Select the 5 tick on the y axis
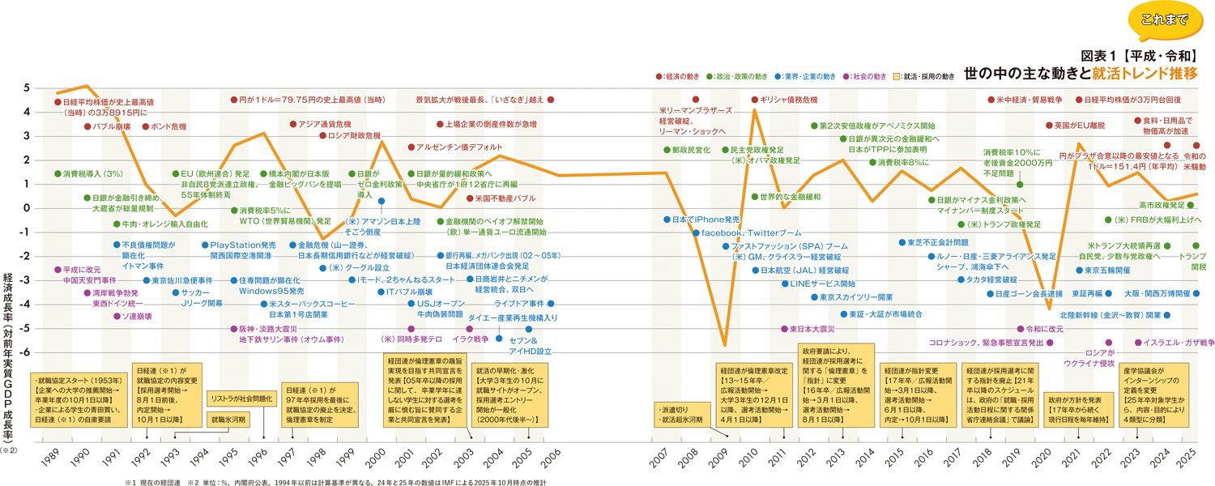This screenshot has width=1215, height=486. pyautogui.click(x=27, y=88)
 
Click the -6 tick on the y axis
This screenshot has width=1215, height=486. pyautogui.click(x=26, y=353)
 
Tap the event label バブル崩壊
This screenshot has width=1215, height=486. pyautogui.click(x=110, y=127)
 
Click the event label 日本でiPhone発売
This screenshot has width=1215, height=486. pyautogui.click(x=702, y=220)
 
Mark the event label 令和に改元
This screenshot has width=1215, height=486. pyautogui.click(x=1045, y=330)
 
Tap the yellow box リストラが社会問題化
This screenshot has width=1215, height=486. pyautogui.click(x=240, y=399)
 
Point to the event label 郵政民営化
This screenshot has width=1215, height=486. pyautogui.click(x=691, y=151)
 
